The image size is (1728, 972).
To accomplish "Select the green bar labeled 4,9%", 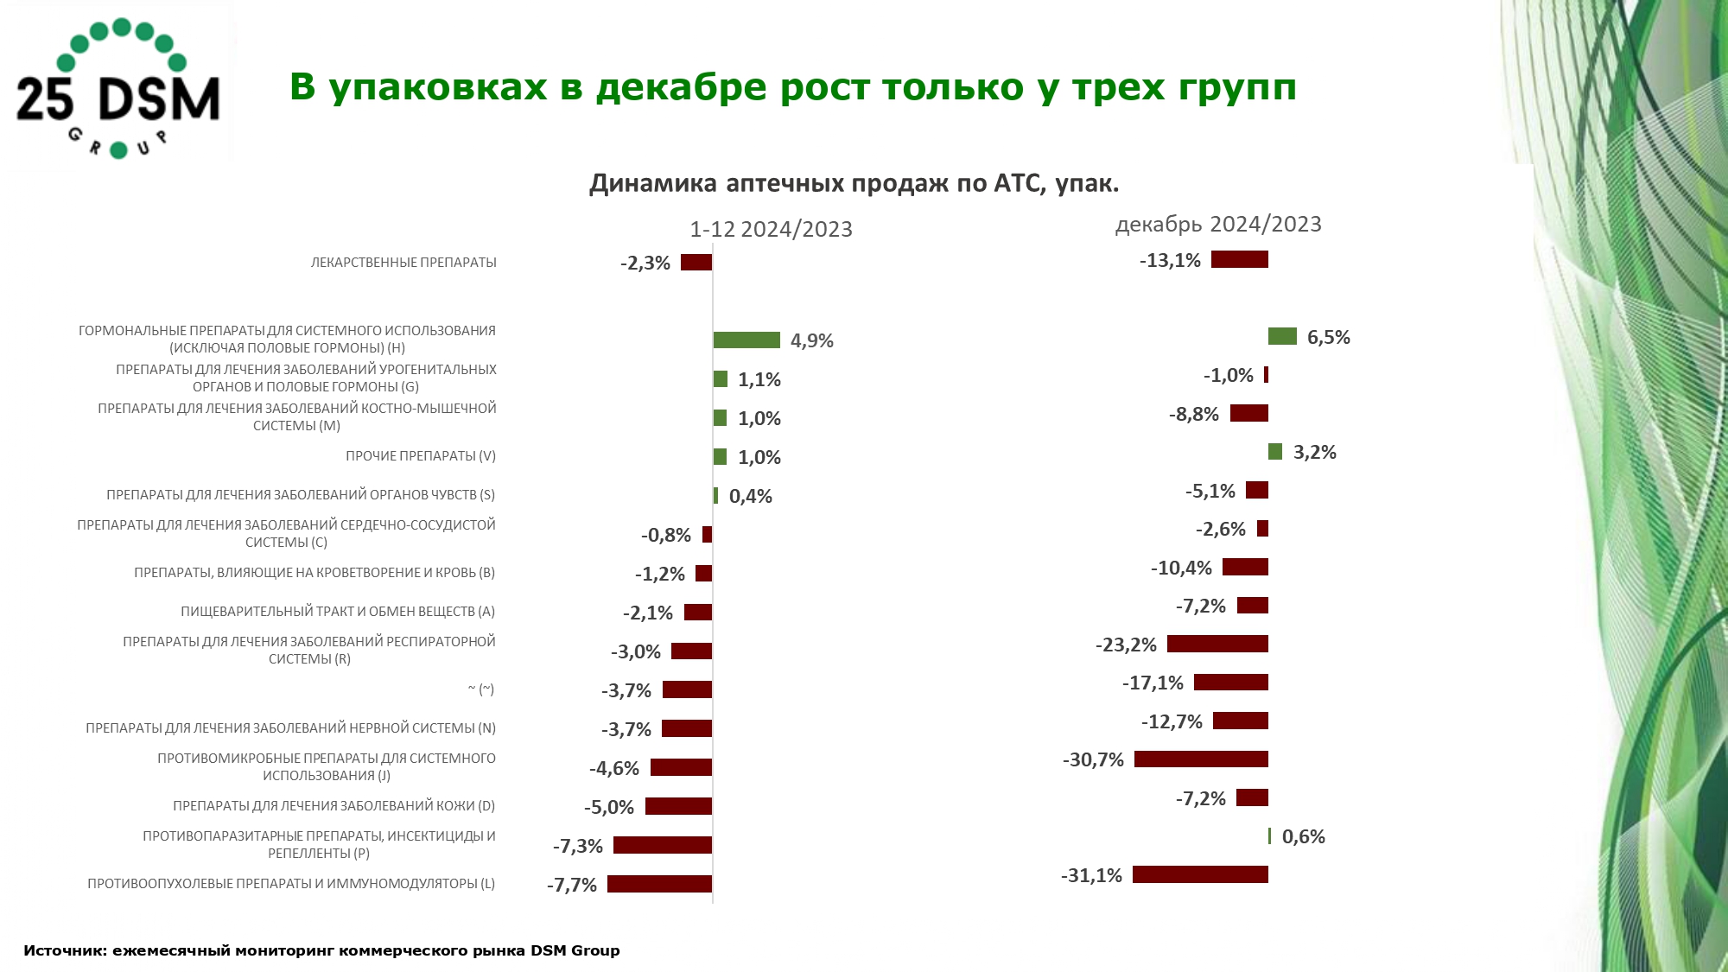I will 746,340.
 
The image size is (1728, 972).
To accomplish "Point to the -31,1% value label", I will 1091,875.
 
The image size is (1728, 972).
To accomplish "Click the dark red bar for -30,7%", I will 1201,759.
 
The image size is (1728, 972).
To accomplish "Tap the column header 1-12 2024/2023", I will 771,229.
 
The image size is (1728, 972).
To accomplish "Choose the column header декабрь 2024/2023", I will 1218,225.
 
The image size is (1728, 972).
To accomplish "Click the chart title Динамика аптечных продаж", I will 854,183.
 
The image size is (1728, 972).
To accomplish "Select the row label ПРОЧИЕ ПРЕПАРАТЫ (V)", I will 421,456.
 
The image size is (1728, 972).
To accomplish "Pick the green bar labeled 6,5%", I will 1282,337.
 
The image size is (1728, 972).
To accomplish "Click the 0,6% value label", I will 1303,836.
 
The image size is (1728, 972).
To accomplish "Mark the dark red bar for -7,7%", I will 659,884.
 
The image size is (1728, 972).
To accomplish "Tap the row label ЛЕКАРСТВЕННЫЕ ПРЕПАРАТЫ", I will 403,263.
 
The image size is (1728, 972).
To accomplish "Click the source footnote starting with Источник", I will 321,950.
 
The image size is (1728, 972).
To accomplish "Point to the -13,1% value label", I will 1170,260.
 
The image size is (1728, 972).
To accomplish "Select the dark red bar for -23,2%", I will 1217,644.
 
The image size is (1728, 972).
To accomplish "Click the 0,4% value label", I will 750,496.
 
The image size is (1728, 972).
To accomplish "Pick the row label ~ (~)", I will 481,689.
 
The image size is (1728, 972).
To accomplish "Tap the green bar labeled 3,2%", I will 1275,452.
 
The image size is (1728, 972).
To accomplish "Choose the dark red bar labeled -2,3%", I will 696,263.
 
